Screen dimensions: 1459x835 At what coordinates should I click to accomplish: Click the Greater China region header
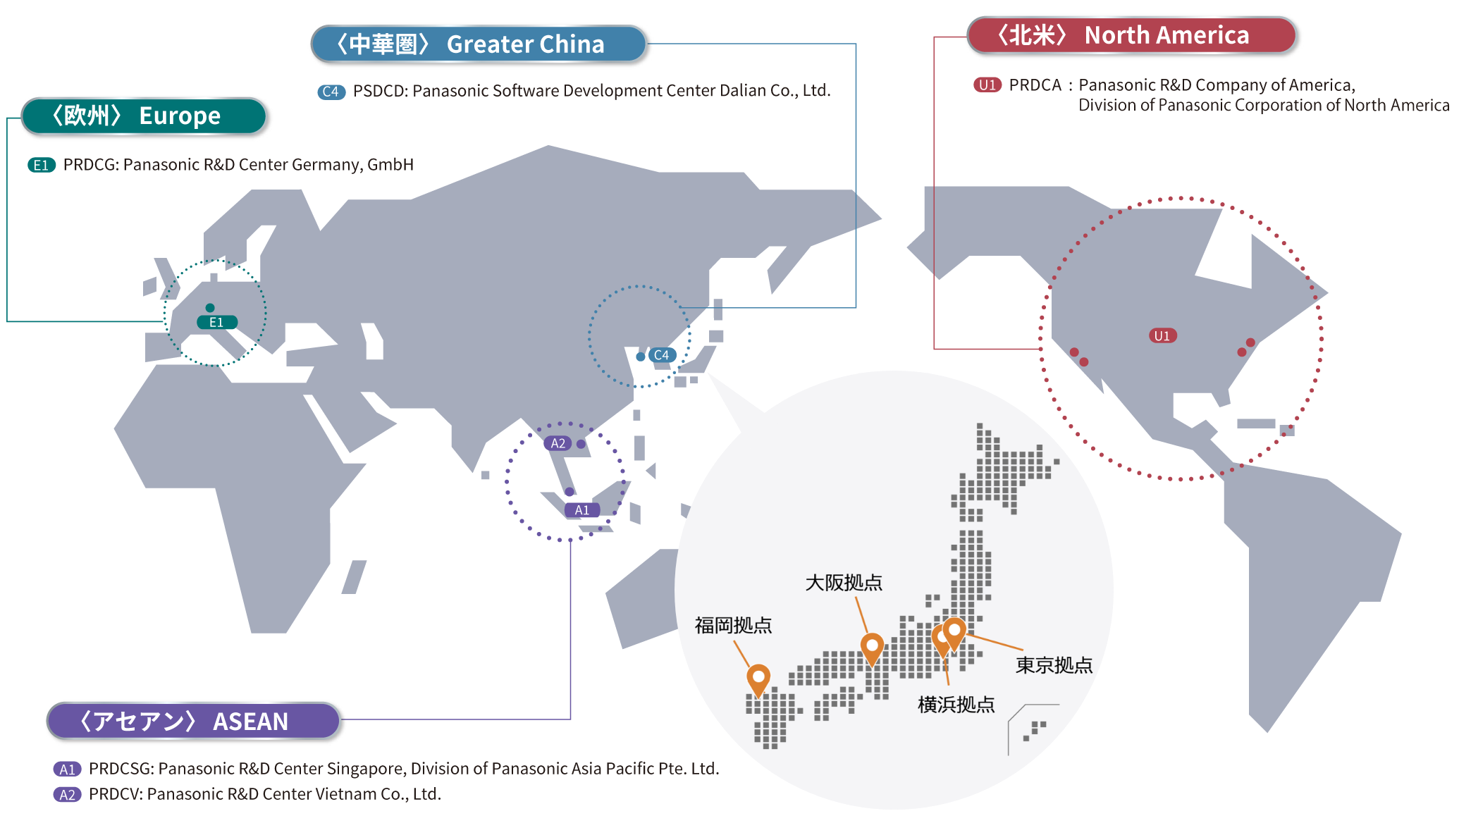click(x=479, y=44)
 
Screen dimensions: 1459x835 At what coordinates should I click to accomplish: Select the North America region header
click(x=1132, y=35)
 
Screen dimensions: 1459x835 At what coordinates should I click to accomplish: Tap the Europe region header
click(x=144, y=116)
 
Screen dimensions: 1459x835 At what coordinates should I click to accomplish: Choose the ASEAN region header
click(x=194, y=721)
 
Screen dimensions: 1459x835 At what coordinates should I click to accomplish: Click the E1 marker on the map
click(x=217, y=322)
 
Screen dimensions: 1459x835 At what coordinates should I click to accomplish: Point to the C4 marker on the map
click(x=662, y=355)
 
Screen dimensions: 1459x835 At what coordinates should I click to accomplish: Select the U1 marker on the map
click(x=1162, y=335)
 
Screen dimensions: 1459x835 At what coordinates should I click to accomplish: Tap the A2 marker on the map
click(x=558, y=443)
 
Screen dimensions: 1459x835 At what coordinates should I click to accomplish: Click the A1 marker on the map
click(x=582, y=510)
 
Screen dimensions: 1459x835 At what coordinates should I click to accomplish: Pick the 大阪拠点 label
click(x=844, y=583)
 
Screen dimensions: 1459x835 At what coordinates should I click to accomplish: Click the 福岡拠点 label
click(x=734, y=625)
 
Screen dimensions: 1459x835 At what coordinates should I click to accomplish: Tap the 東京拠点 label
click(x=1054, y=664)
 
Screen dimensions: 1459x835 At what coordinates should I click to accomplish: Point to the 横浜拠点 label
click(x=956, y=704)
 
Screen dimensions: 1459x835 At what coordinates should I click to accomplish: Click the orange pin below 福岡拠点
click(x=758, y=679)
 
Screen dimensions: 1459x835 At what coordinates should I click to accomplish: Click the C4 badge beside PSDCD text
click(x=331, y=92)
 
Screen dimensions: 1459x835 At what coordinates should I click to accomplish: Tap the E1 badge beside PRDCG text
click(x=42, y=165)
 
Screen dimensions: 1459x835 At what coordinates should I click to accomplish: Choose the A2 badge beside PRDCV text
click(x=68, y=795)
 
